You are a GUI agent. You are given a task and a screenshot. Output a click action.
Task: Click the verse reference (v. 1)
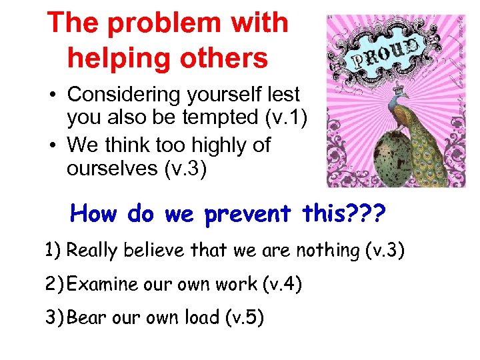tap(283, 118)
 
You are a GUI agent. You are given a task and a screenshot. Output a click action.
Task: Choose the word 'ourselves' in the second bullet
tap(111, 169)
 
